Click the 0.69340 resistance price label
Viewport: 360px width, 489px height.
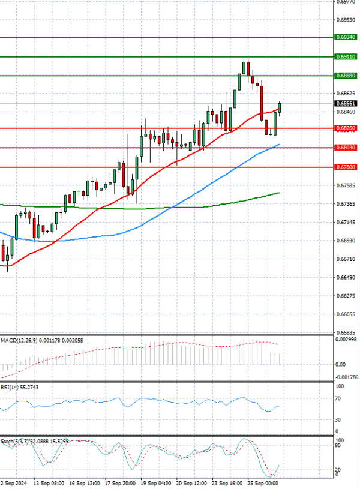(x=346, y=37)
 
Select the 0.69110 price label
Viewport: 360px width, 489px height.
(x=346, y=57)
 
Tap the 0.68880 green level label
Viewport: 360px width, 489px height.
(x=346, y=76)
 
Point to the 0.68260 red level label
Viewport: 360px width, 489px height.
(x=346, y=128)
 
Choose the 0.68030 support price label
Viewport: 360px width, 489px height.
(x=346, y=148)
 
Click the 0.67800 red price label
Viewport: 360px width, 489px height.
(x=346, y=167)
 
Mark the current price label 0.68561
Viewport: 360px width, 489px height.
(x=346, y=104)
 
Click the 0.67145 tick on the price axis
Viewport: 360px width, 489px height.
(x=346, y=222)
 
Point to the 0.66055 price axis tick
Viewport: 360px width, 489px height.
(x=346, y=314)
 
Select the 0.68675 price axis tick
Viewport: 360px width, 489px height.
(x=346, y=94)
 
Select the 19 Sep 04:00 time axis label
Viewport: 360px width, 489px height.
(x=155, y=482)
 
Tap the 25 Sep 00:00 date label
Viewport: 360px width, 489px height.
(x=263, y=482)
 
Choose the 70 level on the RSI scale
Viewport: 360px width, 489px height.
(x=338, y=398)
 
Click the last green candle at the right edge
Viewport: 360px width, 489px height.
(x=280, y=107)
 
